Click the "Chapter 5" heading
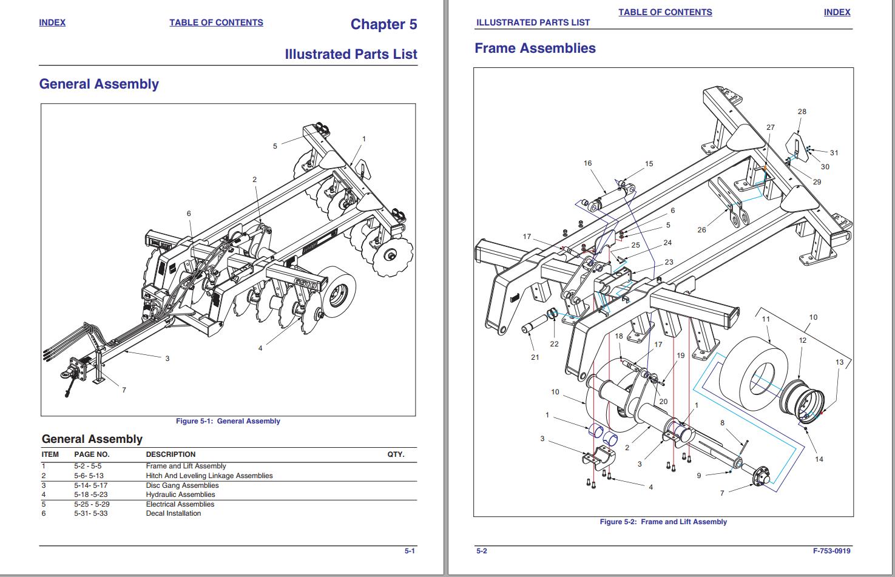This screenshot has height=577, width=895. [383, 24]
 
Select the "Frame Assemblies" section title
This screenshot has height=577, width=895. [535, 48]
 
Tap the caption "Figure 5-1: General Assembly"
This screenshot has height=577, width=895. [228, 421]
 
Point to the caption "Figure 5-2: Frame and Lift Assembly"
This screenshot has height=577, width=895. [663, 522]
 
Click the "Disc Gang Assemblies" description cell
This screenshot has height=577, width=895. [182, 485]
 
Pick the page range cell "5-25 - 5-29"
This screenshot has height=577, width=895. [92, 504]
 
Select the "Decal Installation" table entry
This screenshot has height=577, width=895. [173, 513]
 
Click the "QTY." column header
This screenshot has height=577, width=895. [396, 454]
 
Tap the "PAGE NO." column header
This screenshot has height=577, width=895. [92, 454]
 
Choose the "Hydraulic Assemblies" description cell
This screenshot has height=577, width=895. [180, 494]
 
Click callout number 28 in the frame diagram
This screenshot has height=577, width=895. [802, 112]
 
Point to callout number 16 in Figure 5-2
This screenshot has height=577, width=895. [587, 163]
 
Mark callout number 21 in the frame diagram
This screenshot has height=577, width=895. [535, 357]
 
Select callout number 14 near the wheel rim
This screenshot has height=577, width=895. [819, 459]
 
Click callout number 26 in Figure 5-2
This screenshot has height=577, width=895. [701, 230]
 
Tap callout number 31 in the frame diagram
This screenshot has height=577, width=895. [834, 153]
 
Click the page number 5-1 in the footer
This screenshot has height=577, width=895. [410, 551]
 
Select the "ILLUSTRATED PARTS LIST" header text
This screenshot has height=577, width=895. [533, 22]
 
